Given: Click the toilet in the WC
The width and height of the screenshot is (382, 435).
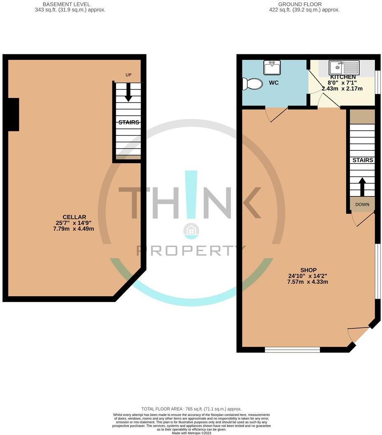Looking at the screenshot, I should pyautogui.click(x=253, y=84).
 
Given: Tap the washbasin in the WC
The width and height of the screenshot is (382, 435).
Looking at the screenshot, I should pyautogui.click(x=272, y=67).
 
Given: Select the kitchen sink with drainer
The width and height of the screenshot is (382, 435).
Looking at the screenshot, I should pyautogui.click(x=344, y=67).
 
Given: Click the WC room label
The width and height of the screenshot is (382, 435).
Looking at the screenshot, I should pyautogui.click(x=274, y=83).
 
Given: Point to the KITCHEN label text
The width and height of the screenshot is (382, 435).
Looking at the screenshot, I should pyautogui.click(x=343, y=77).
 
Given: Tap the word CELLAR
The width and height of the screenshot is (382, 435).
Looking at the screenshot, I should pyautogui.click(x=74, y=217).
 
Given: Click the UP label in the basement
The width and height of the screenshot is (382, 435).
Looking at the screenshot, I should pyautogui.click(x=128, y=75).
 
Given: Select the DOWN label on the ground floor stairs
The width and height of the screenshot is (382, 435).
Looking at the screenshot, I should pyautogui.click(x=362, y=204).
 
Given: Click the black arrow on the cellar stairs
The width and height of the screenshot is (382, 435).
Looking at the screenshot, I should pyautogui.click(x=128, y=92).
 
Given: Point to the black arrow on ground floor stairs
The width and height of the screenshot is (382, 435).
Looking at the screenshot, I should pyautogui.click(x=362, y=187).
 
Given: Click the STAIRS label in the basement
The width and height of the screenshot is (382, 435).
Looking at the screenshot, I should pyautogui.click(x=128, y=122).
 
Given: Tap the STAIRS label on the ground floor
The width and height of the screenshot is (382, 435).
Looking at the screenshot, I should pyautogui.click(x=363, y=160).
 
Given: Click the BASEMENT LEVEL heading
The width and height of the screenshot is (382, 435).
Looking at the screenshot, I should pyautogui.click(x=66, y=4).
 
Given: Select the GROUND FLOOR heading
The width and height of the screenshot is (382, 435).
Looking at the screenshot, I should pyautogui.click(x=300, y=4).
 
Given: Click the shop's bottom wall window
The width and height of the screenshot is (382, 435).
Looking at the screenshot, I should pyautogui.click(x=292, y=350).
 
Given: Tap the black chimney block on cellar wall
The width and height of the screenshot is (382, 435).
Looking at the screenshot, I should pyautogui.click(x=13, y=115).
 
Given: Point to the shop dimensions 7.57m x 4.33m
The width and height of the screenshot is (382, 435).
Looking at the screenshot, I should pyautogui.click(x=308, y=282).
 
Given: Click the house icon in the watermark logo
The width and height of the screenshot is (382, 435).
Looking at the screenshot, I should pyautogui.click(x=191, y=231).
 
